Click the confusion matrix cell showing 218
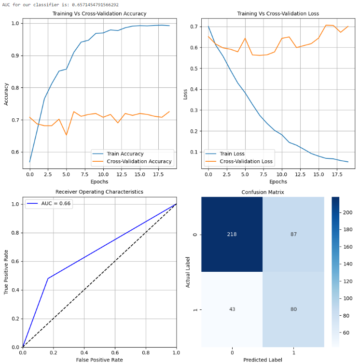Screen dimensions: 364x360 pyautogui.click(x=232, y=234)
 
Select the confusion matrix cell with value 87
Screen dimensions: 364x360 pyautogui.click(x=293, y=234)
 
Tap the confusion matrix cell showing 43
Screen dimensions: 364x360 pyautogui.click(x=232, y=309)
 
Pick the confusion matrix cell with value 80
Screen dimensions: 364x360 pyautogui.click(x=293, y=309)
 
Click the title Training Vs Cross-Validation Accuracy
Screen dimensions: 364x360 pyautogui.click(x=100, y=14)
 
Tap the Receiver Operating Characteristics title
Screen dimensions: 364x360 pyautogui.click(x=100, y=192)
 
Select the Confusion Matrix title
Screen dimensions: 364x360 pyautogui.click(x=263, y=192)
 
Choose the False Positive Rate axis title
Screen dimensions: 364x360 pyautogui.click(x=100, y=360)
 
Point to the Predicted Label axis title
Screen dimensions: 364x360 pyautogui.click(x=263, y=360)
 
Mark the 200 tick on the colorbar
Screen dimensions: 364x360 pyautogui.click(x=347, y=212)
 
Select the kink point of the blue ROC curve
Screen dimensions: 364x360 pyautogui.click(x=48, y=279)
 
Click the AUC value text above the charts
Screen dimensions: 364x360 pyautogui.click(x=60, y=4)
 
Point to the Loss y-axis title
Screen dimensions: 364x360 pyautogui.click(x=185, y=94)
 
